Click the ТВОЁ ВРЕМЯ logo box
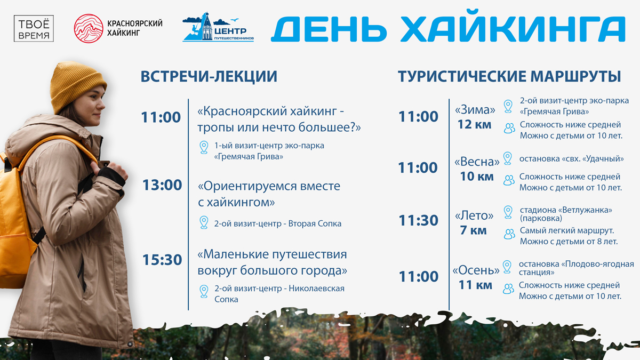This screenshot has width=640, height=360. (34, 29)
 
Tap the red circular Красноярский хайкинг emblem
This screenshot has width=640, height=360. (89, 29)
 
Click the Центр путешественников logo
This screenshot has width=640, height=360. (218, 27)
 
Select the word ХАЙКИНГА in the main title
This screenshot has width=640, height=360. (514, 29)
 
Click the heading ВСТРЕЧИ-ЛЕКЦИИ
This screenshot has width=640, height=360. (209, 76)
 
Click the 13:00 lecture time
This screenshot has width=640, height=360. (162, 185)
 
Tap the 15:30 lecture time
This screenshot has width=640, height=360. (162, 260)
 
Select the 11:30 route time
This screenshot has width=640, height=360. (418, 220)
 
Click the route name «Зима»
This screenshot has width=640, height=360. (475, 110)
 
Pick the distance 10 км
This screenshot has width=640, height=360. (477, 177)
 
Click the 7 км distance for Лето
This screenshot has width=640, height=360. (473, 230)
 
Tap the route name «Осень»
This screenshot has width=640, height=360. (476, 270)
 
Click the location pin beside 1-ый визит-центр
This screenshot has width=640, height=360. (204, 147)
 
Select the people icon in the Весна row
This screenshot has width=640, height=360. (509, 180)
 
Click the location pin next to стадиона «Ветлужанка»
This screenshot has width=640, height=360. (508, 212)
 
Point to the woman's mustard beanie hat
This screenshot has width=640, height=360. (77, 86)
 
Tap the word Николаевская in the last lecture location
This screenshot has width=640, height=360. (316, 289)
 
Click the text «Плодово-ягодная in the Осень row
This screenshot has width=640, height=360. (598, 264)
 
